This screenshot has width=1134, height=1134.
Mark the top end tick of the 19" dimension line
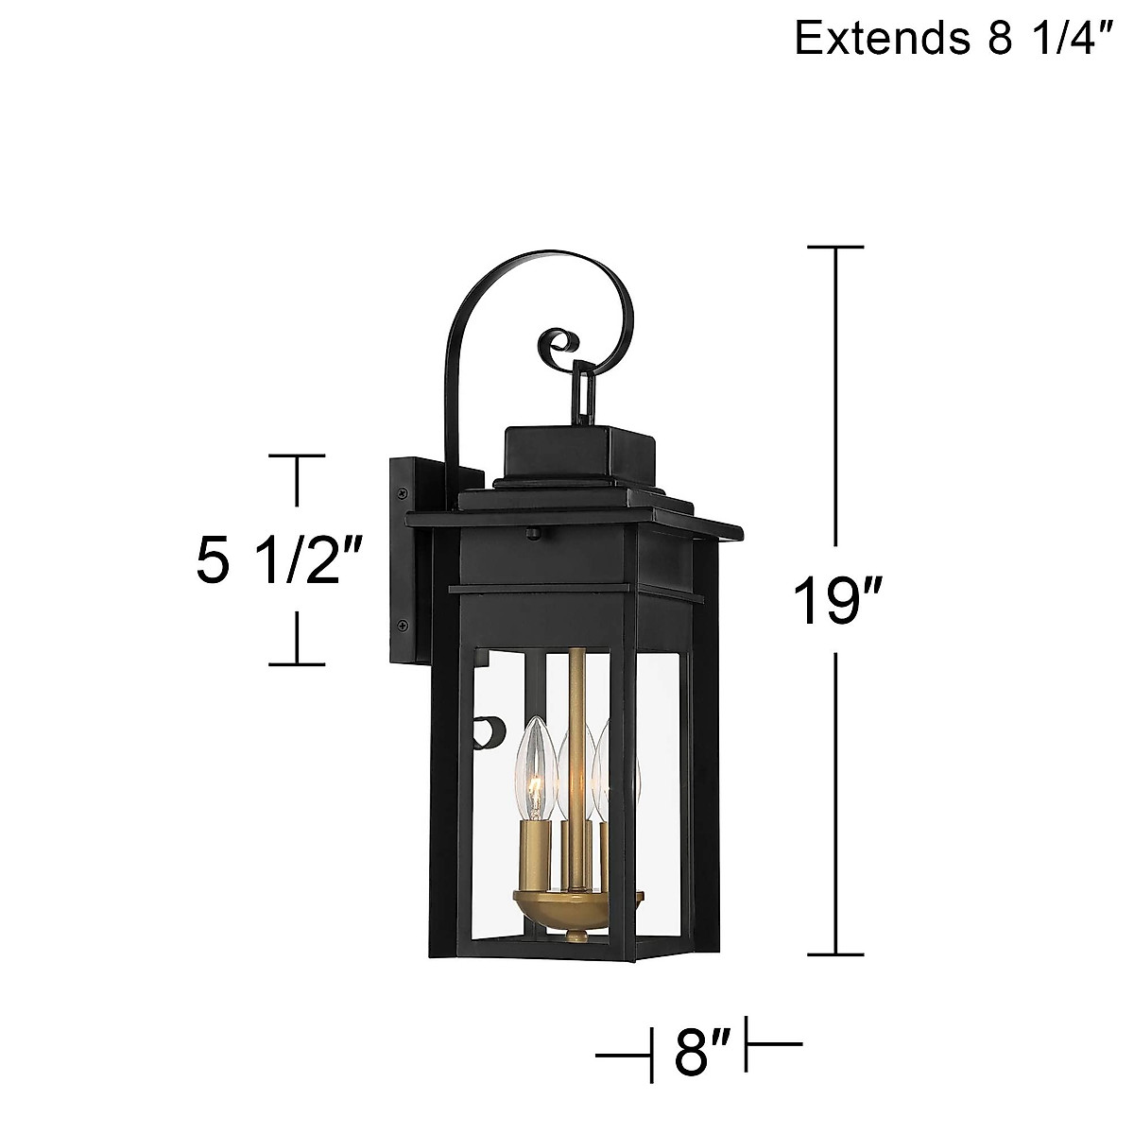[835, 248]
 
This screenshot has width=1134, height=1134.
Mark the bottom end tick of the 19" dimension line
[835, 955]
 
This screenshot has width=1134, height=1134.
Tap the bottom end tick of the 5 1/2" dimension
[299, 663]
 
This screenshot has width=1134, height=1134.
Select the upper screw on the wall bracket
[404, 492]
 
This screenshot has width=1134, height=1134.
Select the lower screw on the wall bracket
[404, 624]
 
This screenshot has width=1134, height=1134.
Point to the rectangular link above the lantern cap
[580, 394]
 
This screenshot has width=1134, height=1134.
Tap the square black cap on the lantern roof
[578, 455]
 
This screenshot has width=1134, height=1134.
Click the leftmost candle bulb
[535, 771]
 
